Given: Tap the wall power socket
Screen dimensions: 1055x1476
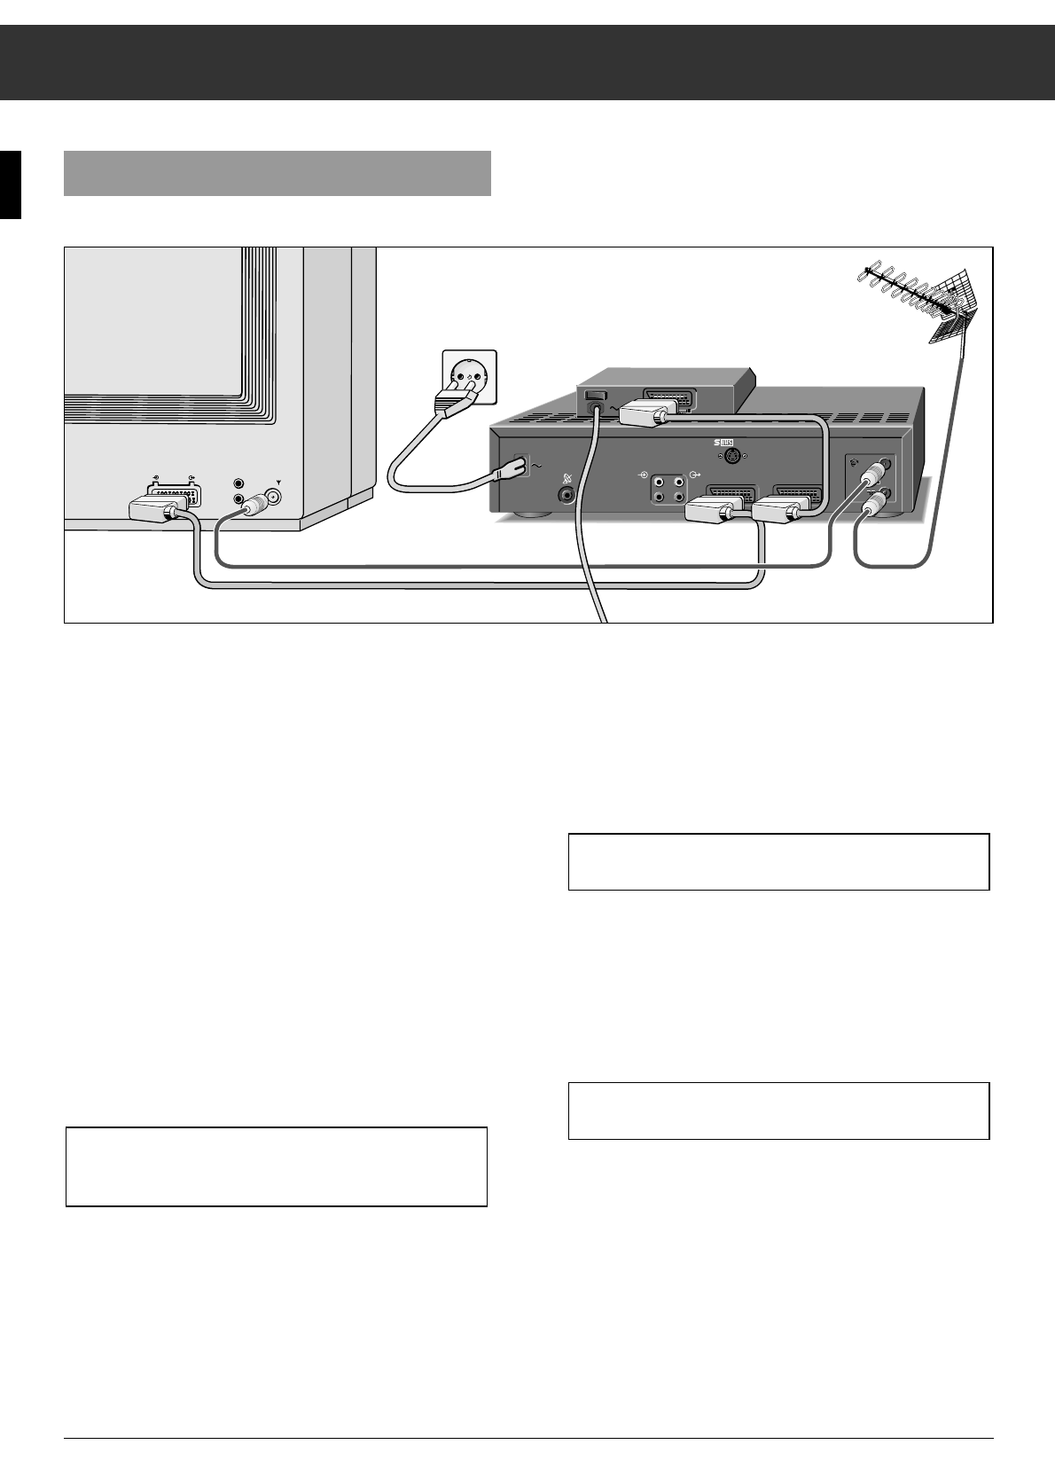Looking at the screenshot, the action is click(469, 377).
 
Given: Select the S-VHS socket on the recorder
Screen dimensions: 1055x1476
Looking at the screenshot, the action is click(732, 457).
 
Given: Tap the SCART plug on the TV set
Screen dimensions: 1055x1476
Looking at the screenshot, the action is click(159, 510).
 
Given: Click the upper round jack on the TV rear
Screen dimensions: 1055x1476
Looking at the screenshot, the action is click(238, 483).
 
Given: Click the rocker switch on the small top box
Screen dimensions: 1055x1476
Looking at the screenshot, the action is click(594, 395).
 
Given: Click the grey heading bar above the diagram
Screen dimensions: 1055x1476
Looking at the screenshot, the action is click(277, 173).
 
